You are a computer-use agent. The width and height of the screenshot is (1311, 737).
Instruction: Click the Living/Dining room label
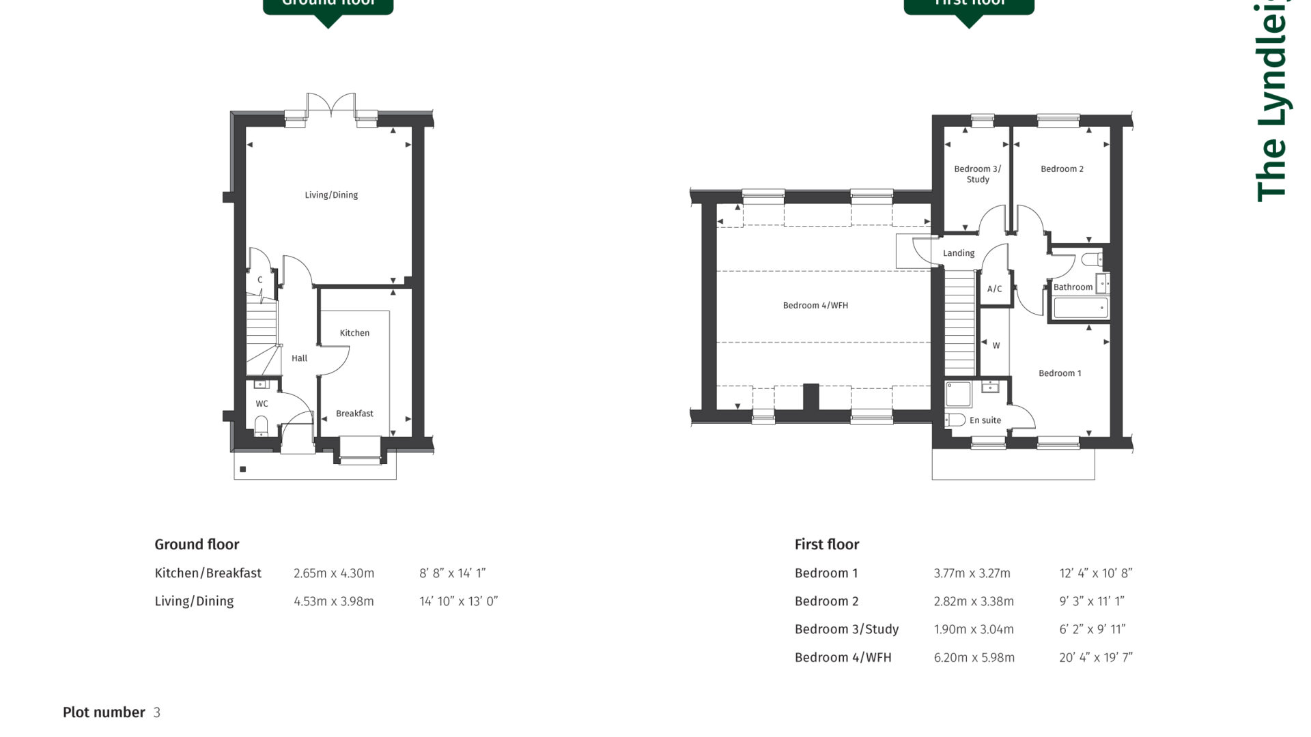tap(331, 195)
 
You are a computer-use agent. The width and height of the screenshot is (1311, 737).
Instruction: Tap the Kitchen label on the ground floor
tap(354, 333)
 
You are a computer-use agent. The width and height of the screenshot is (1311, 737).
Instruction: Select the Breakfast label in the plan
tap(354, 414)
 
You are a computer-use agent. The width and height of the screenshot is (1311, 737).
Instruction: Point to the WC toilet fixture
tap(261, 426)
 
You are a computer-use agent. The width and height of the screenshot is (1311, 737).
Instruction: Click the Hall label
tap(299, 358)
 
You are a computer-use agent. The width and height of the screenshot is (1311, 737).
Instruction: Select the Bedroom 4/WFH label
tap(815, 306)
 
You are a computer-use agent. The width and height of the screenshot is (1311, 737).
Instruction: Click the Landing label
tap(959, 253)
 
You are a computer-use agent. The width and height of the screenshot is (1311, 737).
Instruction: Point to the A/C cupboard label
tap(994, 289)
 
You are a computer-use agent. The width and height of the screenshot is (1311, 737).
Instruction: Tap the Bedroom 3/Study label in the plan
tap(977, 174)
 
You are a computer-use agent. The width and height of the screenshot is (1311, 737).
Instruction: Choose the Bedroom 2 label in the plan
tap(1062, 169)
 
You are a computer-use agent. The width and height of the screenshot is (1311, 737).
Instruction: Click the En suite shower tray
tap(959, 394)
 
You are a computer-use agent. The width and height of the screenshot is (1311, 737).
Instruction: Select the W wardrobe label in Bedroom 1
tap(996, 346)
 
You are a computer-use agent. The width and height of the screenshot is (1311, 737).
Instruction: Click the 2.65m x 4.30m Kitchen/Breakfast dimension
tap(334, 574)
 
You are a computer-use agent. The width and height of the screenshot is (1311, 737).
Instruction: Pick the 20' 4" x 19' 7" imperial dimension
tap(1095, 658)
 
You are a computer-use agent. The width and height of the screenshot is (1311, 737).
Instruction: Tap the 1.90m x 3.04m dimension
tap(973, 630)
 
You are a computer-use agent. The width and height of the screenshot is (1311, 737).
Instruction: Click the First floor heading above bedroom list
tap(826, 545)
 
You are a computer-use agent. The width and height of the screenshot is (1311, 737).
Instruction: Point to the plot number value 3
tap(157, 713)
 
